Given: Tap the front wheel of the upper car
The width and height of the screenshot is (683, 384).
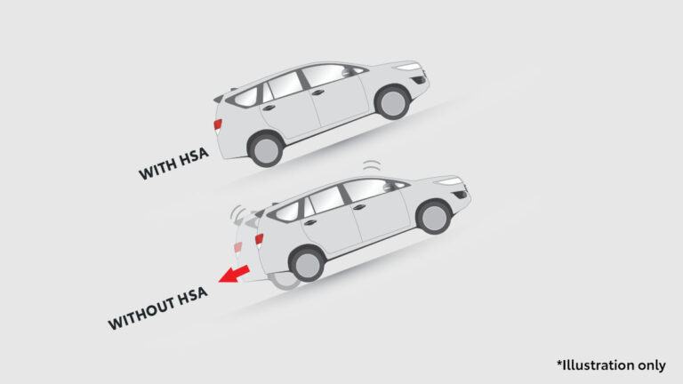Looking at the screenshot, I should click(x=392, y=102).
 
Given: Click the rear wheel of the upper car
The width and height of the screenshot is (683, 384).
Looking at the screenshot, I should click(x=266, y=148).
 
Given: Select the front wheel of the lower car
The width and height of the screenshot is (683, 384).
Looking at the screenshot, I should click(x=434, y=216).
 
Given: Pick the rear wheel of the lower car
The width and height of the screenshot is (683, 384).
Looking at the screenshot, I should click(x=307, y=262).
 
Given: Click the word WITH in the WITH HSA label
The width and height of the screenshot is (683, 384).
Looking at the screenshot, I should click(x=157, y=169).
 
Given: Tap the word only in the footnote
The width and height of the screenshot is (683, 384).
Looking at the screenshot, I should click(x=655, y=364).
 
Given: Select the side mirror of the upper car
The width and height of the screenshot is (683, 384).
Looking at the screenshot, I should click(x=356, y=71).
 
